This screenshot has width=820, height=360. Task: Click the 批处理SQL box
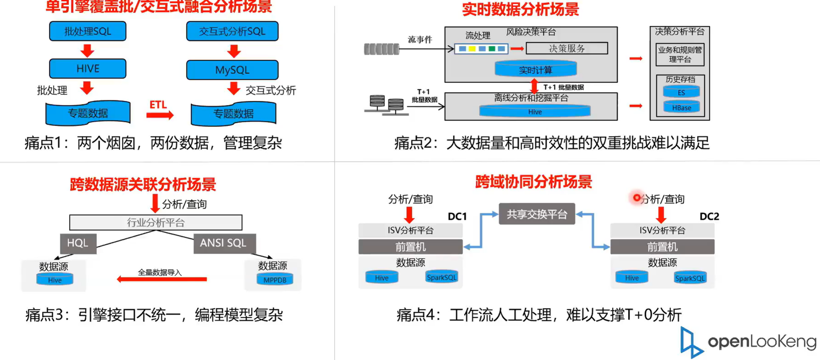point(88,32)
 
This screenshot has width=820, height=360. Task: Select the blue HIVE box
point(88,69)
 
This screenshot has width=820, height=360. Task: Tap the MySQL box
point(232,70)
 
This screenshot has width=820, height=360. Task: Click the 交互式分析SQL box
point(232,32)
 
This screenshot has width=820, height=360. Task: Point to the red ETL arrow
point(160,115)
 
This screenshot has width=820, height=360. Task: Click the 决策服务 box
point(566,48)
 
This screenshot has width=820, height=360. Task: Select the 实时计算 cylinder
point(535,70)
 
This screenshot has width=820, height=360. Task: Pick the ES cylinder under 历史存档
point(681,93)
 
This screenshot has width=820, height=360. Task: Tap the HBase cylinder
point(681,108)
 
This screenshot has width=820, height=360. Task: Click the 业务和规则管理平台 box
point(680,55)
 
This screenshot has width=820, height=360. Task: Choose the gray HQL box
point(78,243)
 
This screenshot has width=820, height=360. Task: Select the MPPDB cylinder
point(274,279)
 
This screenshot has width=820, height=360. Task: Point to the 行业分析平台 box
point(156,223)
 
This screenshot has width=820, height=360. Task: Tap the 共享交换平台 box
point(537,214)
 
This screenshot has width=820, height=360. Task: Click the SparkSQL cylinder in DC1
point(441,277)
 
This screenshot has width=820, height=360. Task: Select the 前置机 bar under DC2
point(662,247)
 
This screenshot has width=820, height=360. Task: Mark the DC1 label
point(457,216)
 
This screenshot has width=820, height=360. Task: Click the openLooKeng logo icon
point(690,343)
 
